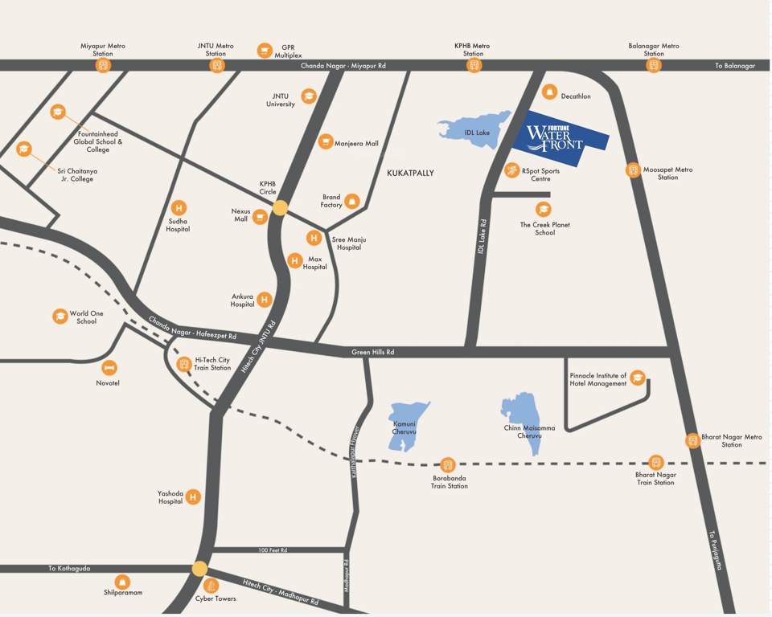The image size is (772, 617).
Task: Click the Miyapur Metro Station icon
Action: [x=103, y=65]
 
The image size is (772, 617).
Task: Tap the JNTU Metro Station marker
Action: [x=216, y=65]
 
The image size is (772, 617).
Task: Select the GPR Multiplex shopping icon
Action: [x=265, y=51]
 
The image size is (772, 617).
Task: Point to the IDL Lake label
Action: [x=477, y=133]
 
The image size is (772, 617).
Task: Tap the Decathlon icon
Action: [x=550, y=93]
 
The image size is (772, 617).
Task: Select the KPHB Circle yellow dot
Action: [x=280, y=207]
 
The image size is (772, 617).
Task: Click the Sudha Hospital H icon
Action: [x=179, y=207]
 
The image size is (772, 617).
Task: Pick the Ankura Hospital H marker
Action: [x=264, y=300]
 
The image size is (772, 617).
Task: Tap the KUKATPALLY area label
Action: [x=410, y=173]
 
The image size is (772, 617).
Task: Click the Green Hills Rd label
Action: [x=373, y=352]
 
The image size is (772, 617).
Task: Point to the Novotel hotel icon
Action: [x=109, y=367]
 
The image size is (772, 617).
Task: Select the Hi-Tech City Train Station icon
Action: [x=184, y=364]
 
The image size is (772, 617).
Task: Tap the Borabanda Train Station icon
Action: [x=448, y=464]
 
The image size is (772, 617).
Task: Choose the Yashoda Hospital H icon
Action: [x=192, y=497]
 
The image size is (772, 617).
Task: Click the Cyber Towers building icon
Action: [x=211, y=585]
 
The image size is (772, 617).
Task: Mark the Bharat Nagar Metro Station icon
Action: [x=692, y=440]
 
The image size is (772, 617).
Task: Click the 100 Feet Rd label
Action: [x=273, y=550]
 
